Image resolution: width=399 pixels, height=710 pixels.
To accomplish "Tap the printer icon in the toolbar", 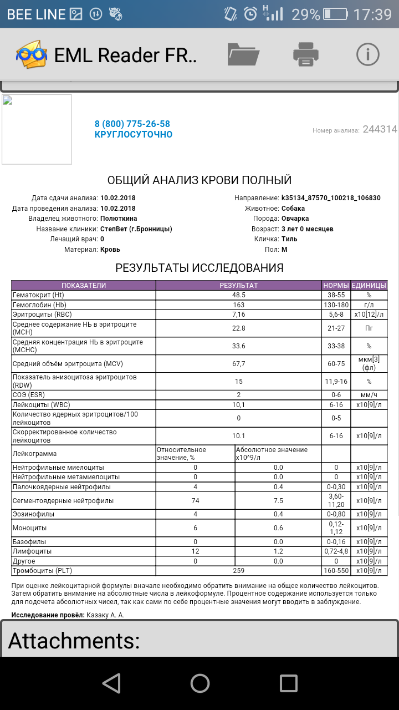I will pyautogui.click(x=305, y=54).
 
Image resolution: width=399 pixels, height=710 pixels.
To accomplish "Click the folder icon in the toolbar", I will pyautogui.click(x=243, y=54).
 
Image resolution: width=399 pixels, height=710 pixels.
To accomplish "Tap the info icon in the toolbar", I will pyautogui.click(x=367, y=54).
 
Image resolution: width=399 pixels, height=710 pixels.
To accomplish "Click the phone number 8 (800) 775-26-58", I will pyautogui.click(x=132, y=124).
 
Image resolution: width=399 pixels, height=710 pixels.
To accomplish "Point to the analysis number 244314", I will pyautogui.click(x=380, y=129).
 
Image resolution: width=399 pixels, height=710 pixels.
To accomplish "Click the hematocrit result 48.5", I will pyautogui.click(x=238, y=296).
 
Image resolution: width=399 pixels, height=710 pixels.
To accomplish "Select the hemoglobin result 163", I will pyautogui.click(x=238, y=305).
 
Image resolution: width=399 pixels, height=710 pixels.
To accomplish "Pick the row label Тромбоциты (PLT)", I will pyautogui.click(x=42, y=570).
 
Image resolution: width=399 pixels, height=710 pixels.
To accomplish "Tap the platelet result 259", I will pyautogui.click(x=238, y=570).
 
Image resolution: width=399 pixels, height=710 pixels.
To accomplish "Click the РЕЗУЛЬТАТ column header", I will pyautogui.click(x=238, y=286).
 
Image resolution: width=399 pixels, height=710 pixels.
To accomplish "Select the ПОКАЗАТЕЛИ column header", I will pyautogui.click(x=83, y=286).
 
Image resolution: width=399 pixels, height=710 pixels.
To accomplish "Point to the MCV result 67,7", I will pyautogui.click(x=238, y=364).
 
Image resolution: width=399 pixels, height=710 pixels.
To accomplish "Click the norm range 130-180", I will pyautogui.click(x=336, y=305).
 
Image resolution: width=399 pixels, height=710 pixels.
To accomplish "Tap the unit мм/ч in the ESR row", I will pyautogui.click(x=368, y=395).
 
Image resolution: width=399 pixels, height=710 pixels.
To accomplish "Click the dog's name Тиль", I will pyautogui.click(x=289, y=239).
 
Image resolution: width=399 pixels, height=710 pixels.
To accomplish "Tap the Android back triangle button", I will pyautogui.click(x=111, y=683).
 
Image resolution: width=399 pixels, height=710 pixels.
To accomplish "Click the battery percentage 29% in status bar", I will pyautogui.click(x=305, y=14).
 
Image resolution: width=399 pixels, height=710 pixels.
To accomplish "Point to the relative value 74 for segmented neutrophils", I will pyautogui.click(x=195, y=501).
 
